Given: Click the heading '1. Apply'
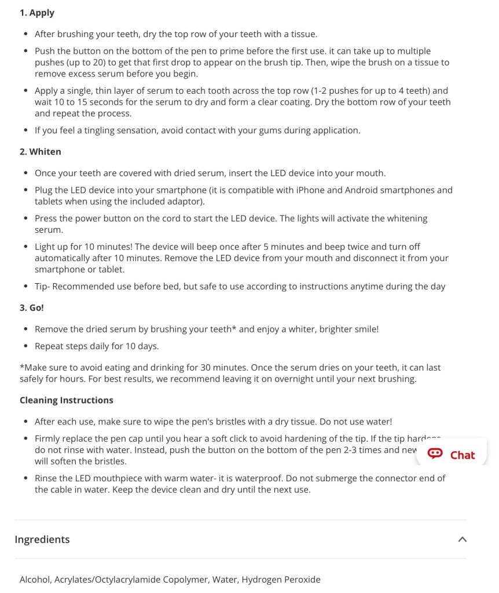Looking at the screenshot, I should coord(37,13).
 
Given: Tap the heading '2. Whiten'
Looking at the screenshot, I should coord(40,152).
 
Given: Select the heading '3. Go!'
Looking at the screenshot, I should coord(32,308).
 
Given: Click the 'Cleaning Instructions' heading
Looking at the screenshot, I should coord(66,400).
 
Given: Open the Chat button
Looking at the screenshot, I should coord(452,455).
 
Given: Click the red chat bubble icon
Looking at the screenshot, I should coord(435,454).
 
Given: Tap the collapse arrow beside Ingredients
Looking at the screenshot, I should coord(462,539).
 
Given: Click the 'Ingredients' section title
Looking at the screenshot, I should coord(42,539).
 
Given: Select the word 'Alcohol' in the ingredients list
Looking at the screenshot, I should coord(34,579).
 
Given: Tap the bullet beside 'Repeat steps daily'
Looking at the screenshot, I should coord(26,346).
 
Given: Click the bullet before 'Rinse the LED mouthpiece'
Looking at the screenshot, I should coord(26,478).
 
